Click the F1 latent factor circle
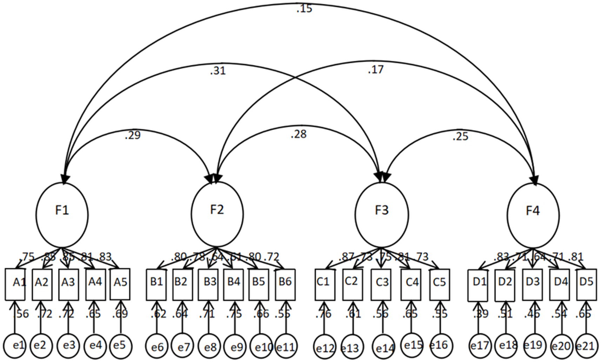point(62,214)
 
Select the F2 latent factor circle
point(217,214)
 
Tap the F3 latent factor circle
point(382,214)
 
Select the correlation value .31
point(218,71)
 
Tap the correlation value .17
point(375,70)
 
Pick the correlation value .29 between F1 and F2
point(133,135)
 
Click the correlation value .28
point(298,134)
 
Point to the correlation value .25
point(460,136)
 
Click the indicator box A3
point(68,284)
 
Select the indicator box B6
point(285,284)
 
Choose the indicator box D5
point(586,284)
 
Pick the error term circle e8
point(210,347)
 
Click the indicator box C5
point(439,284)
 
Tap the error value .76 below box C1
point(323,314)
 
